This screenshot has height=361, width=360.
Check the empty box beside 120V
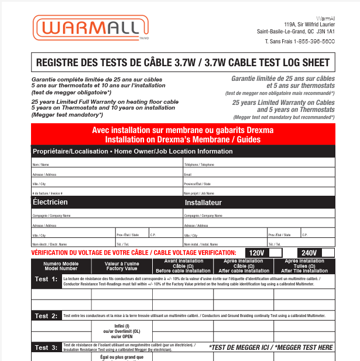[279, 253]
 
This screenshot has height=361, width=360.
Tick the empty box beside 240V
[328, 253]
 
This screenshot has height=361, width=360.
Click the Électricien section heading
[50, 202]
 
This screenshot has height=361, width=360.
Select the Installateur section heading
[203, 203]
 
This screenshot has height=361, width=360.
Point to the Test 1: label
[46, 279]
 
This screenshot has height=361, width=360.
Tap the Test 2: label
[46, 316]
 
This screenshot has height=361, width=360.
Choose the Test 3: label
[46, 348]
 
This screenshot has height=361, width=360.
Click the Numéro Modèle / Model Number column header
[61, 266]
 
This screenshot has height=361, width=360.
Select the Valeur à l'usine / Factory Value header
[121, 266]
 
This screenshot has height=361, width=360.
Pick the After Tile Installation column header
[304, 270]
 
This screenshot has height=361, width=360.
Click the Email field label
[188, 174]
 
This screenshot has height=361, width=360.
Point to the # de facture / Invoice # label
[47, 193]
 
